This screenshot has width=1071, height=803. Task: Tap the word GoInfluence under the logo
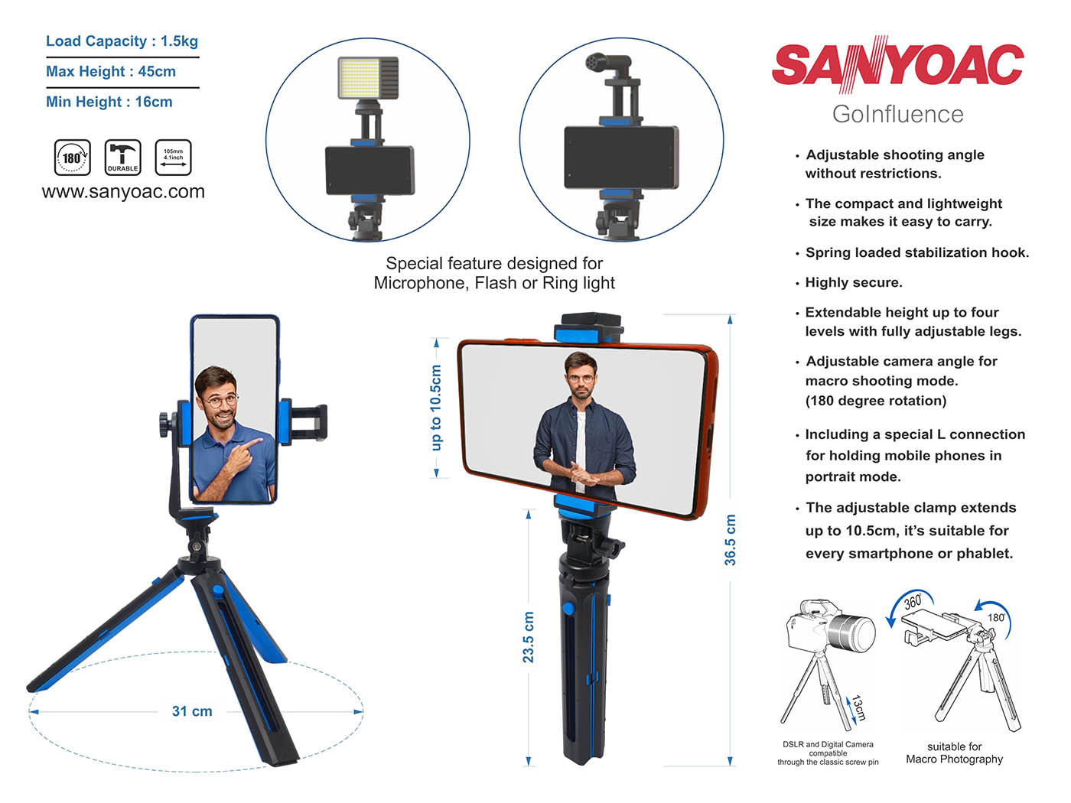[x=897, y=114]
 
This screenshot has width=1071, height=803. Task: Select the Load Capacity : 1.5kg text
[x=122, y=41]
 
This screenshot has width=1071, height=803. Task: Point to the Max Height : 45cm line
[x=111, y=71]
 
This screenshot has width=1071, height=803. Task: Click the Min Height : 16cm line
[x=109, y=102]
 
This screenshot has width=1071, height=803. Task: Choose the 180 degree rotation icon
[x=72, y=158]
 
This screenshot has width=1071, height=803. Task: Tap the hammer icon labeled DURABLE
[x=123, y=158]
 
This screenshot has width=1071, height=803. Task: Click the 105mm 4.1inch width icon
[x=173, y=158]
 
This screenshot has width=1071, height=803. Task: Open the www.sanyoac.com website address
[x=123, y=191]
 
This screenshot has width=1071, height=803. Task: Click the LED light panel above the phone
[x=368, y=78]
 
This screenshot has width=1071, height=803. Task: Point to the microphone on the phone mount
[x=608, y=65]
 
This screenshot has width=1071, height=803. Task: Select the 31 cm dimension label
[x=192, y=711]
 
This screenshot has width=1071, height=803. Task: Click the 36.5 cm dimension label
[x=730, y=540]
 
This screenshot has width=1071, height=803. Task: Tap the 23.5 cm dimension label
[x=528, y=637]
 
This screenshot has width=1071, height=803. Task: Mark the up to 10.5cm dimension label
[x=436, y=408]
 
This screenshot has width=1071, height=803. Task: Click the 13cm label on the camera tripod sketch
[x=859, y=708]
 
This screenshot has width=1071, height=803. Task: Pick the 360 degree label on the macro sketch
[x=913, y=602]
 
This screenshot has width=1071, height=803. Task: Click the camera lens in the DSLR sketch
[x=852, y=633]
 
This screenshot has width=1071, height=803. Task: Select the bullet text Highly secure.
[x=854, y=282]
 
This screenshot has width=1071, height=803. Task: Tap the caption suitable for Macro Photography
[x=954, y=753]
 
